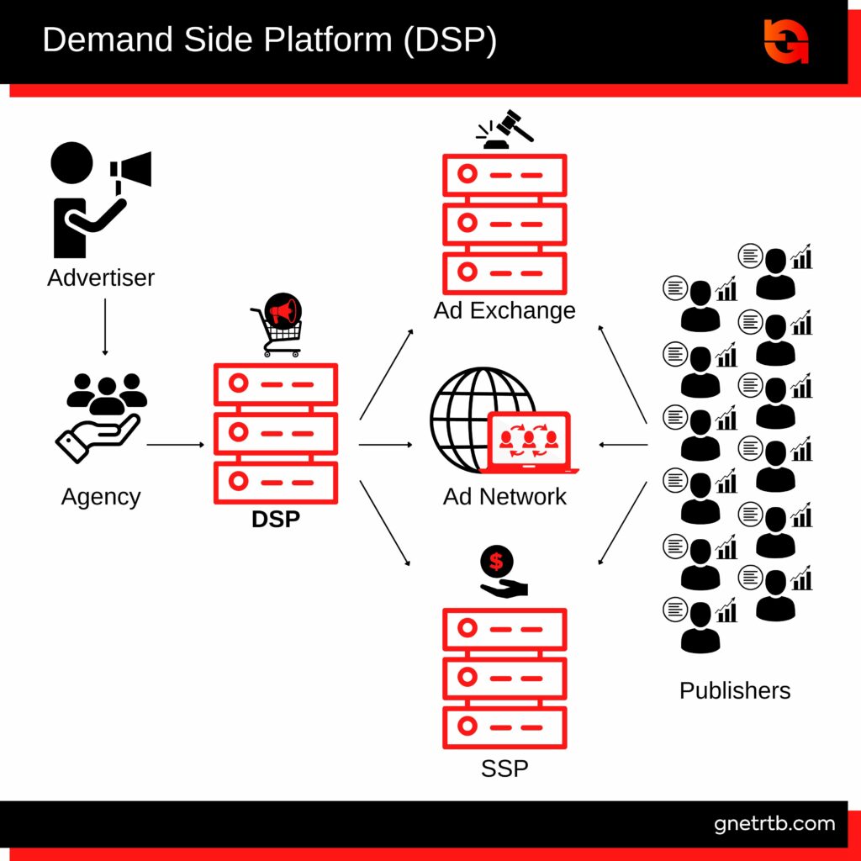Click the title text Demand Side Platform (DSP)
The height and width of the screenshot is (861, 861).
point(269,40)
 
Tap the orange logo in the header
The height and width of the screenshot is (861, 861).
point(786,40)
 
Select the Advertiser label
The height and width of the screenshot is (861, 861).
point(101,277)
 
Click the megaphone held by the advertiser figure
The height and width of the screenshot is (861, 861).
point(133,171)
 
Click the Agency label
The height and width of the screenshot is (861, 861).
point(101,496)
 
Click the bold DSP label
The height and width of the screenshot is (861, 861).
point(276,519)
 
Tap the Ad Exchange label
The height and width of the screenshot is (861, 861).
point(504,310)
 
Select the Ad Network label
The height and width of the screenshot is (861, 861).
point(504,496)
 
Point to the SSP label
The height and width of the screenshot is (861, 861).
point(504,768)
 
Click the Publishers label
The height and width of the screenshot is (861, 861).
point(735,690)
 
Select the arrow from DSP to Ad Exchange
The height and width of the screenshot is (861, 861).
point(387,374)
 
